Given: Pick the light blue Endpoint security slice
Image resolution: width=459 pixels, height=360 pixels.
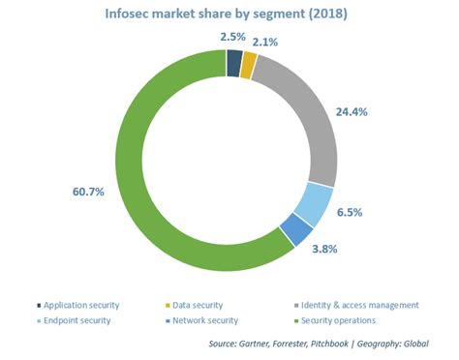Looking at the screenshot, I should [316, 203].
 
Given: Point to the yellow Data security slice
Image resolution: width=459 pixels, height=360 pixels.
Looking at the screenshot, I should [248, 66].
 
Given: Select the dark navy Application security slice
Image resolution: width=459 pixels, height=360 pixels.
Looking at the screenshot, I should [233, 63].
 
